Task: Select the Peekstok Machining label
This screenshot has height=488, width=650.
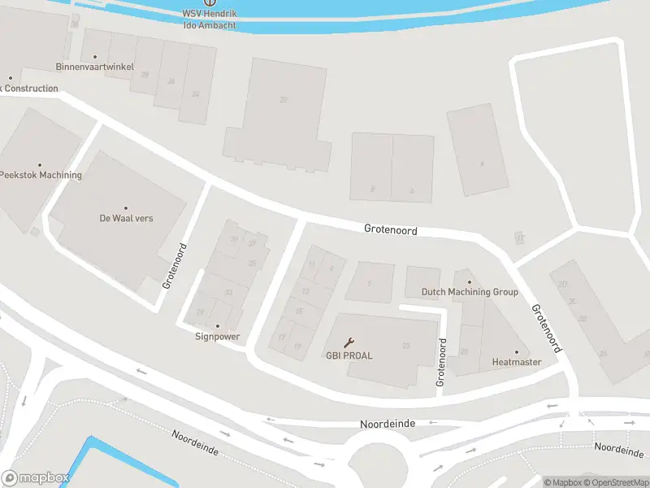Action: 41,175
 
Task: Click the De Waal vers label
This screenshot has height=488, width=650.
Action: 126,218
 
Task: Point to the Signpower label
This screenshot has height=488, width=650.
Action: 218,336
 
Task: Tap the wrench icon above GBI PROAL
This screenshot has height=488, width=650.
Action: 349,342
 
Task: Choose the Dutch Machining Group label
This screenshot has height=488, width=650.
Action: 469,292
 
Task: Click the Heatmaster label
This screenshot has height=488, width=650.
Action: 516,362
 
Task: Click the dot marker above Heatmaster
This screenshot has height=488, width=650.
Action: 516,352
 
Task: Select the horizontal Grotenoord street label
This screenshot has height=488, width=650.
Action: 390,231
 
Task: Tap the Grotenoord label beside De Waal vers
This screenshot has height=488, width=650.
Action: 175,266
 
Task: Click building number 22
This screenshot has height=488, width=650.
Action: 284,100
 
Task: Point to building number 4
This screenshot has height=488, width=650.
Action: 481,163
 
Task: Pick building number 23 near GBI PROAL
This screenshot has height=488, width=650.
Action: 405,346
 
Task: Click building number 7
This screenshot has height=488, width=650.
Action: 369,284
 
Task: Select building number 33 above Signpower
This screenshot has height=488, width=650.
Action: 228,293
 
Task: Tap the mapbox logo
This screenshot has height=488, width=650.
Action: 34,478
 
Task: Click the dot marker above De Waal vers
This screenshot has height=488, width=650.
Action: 126,208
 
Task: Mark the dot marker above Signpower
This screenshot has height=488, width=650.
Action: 218,326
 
